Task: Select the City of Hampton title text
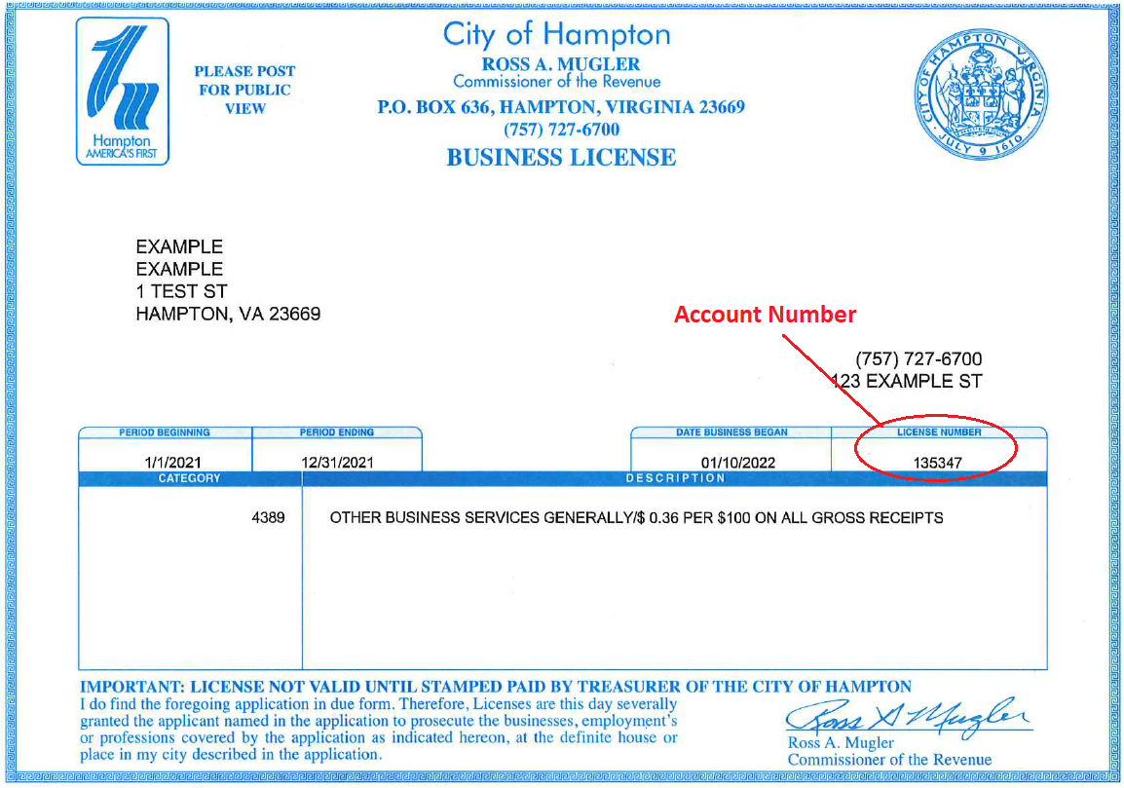(556, 35)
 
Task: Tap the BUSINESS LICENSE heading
(561, 157)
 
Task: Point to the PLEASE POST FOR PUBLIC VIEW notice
(244, 90)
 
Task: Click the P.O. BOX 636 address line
(561, 107)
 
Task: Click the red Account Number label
(765, 315)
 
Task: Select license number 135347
(938, 463)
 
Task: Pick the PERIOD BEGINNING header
(165, 432)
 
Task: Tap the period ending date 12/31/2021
(337, 463)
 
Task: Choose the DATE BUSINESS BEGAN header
(731, 432)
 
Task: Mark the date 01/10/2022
(738, 463)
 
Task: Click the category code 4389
(268, 517)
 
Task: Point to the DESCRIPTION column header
(675, 478)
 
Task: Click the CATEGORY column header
(189, 478)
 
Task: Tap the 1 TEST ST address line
(181, 291)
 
